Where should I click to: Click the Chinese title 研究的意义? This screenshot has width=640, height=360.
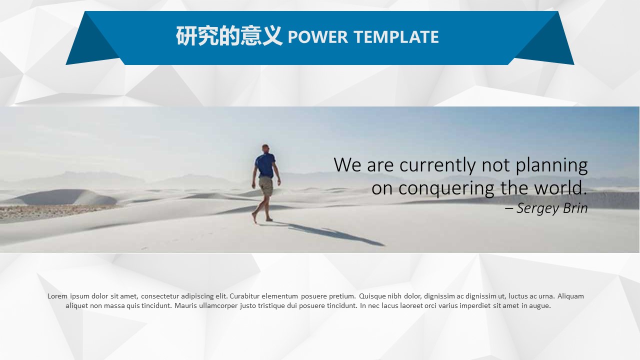tap(229, 37)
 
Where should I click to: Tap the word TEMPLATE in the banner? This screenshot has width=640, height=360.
tap(396, 37)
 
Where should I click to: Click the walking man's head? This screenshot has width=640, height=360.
tap(265, 148)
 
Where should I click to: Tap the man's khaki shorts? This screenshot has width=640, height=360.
tap(265, 186)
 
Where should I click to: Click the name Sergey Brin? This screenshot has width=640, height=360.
tap(552, 208)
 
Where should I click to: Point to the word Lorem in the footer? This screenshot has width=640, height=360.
tap(57, 296)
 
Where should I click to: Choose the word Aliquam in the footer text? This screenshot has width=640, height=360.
tap(570, 296)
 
